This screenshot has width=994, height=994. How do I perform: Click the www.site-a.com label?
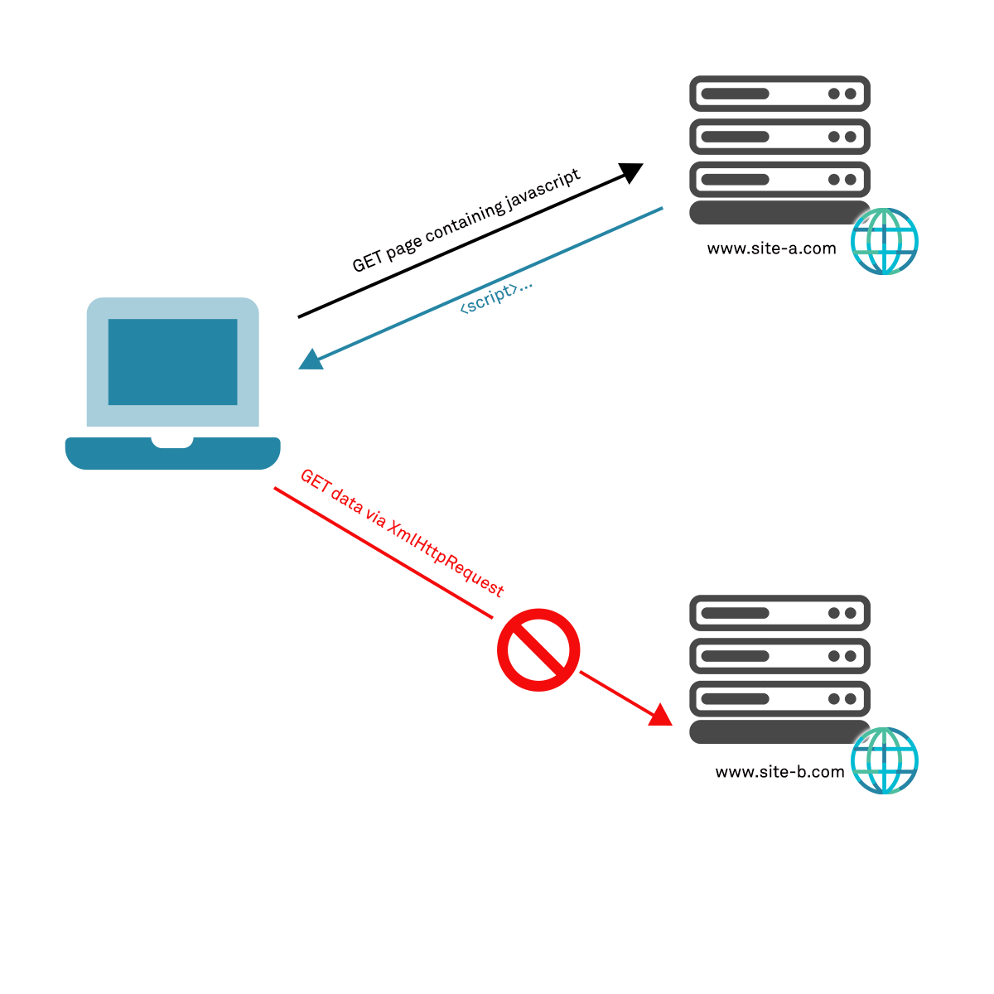[x=771, y=248]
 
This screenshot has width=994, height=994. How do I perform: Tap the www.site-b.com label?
[x=779, y=772]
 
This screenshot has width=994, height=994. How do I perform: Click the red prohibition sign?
[x=538, y=650]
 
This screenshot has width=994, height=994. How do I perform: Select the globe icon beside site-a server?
[x=885, y=241]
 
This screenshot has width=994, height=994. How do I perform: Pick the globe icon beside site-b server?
[x=885, y=760]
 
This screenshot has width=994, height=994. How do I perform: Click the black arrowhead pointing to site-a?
[x=632, y=171]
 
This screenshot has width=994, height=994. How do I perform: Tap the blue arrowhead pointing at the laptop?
[x=311, y=360]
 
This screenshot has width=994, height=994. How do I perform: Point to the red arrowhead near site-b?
[x=661, y=715]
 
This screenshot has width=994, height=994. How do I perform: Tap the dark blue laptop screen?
[x=172, y=362]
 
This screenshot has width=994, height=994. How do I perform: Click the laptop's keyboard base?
[x=172, y=454]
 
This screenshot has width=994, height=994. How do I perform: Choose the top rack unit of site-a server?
[x=779, y=94]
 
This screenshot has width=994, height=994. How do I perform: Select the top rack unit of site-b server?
[x=779, y=613]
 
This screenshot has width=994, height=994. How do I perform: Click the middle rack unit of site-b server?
[x=779, y=656]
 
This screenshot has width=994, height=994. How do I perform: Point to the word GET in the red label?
[x=314, y=481]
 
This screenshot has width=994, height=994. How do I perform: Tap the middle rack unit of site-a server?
[x=779, y=137]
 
